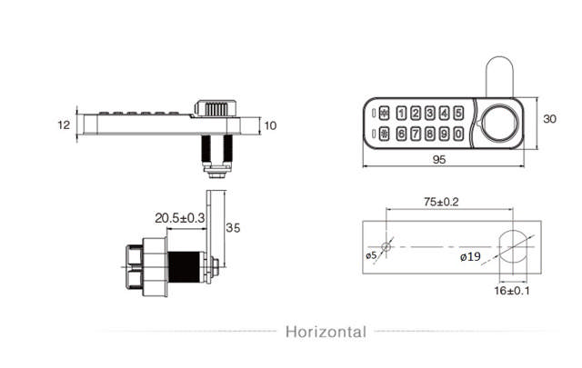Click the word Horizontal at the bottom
(x=326, y=332)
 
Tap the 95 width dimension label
(x=438, y=159)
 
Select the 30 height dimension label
(x=548, y=119)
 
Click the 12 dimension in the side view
(x=63, y=125)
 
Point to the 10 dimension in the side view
(x=271, y=125)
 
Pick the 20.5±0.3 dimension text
(x=180, y=218)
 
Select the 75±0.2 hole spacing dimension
(x=440, y=202)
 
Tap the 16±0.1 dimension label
(x=512, y=291)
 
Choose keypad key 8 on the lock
(x=430, y=134)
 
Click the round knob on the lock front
(x=498, y=124)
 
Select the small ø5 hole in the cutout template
(x=386, y=247)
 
